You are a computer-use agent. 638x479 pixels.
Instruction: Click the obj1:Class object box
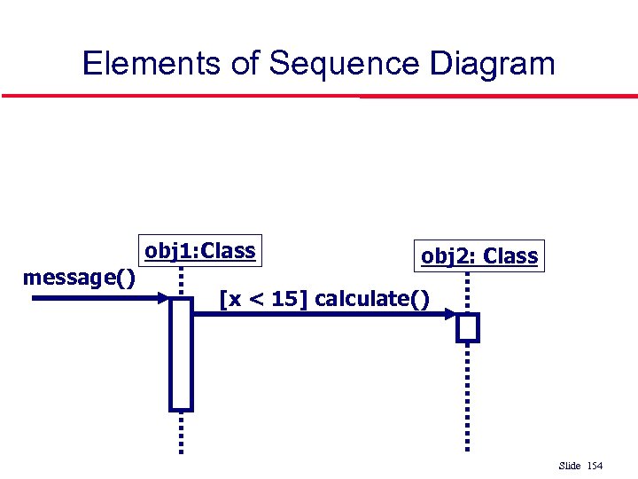200,251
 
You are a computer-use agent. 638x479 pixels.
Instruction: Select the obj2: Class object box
479,256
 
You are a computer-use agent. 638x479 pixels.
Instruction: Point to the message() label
79,278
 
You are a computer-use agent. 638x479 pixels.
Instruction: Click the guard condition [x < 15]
263,299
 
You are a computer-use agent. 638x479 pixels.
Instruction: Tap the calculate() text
372,299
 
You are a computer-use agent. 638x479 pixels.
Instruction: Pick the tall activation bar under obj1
181,355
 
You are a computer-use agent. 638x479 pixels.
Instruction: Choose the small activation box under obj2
467,328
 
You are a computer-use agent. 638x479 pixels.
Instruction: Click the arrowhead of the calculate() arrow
450,314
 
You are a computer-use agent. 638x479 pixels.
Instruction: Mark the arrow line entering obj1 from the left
97,300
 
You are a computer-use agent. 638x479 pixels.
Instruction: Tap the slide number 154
595,466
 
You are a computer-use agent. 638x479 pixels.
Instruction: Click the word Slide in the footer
570,466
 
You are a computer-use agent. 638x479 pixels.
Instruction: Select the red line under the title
319,96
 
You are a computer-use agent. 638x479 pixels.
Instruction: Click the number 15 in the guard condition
285,299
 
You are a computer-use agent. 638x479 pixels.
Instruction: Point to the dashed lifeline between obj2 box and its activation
467,291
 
